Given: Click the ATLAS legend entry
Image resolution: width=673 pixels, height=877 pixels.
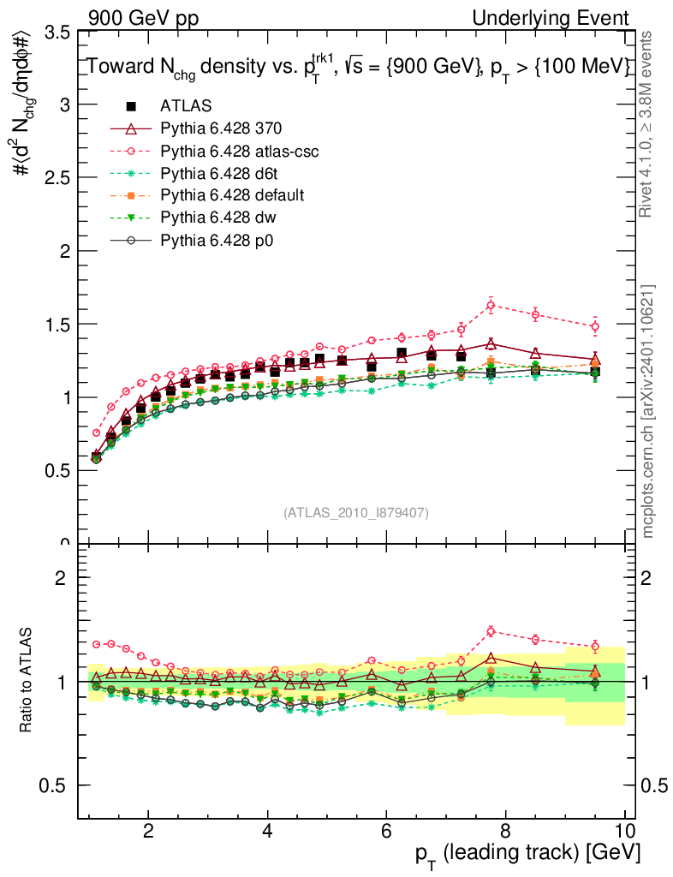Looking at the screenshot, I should click(186, 106).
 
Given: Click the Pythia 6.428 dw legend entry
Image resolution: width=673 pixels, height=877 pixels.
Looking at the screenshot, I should click(217, 218).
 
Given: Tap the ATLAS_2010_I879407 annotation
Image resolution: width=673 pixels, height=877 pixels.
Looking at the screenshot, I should click(355, 512).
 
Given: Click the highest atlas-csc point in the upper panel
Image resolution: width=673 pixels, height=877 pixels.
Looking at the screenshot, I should click(491, 305).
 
